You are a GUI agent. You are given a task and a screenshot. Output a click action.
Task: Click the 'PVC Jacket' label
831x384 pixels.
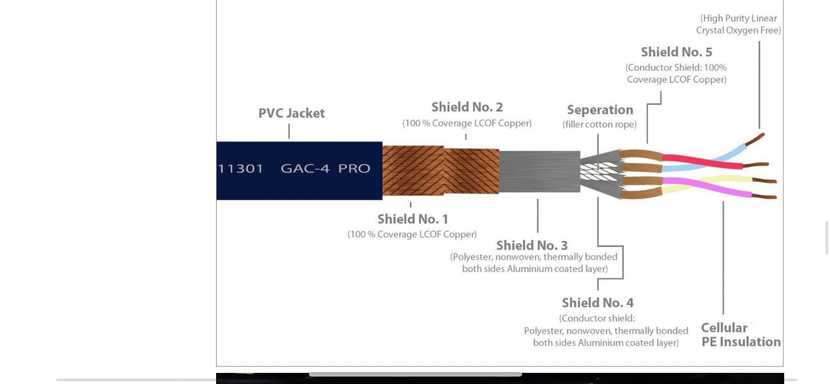point(291,113)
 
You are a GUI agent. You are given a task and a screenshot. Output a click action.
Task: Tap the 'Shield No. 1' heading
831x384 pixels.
point(413,219)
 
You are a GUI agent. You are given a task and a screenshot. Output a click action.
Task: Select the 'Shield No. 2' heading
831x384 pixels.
point(467,107)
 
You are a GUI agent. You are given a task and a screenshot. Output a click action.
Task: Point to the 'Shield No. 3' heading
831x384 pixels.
point(532,245)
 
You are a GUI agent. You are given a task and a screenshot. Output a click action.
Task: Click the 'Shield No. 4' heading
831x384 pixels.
point(598,303)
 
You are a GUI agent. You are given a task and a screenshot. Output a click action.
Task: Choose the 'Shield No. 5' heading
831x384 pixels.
point(677,52)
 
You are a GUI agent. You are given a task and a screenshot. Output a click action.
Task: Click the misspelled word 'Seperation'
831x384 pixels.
point(600,110)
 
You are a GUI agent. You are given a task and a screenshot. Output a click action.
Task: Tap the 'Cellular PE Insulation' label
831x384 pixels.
point(741,335)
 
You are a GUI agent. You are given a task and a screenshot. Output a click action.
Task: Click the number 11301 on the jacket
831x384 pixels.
point(240,168)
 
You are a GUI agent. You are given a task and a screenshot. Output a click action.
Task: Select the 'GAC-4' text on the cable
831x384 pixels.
point(305,168)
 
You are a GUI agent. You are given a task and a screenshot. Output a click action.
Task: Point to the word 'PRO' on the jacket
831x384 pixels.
point(354,168)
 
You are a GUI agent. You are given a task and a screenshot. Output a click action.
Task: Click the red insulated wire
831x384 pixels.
point(703,162)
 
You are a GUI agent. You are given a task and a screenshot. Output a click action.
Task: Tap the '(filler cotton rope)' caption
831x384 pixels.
point(600,124)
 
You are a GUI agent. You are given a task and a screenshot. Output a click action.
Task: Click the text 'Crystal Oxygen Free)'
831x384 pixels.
point(738,30)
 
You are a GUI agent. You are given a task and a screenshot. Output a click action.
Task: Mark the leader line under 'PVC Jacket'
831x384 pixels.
point(289,131)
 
